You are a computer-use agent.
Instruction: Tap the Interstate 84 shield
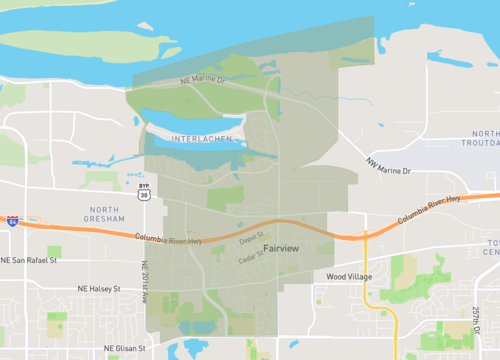tap(12, 219)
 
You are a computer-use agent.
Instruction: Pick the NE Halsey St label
tap(98, 288)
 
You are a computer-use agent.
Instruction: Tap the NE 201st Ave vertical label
tap(145, 282)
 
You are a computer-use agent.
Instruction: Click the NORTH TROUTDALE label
tap(485, 139)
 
